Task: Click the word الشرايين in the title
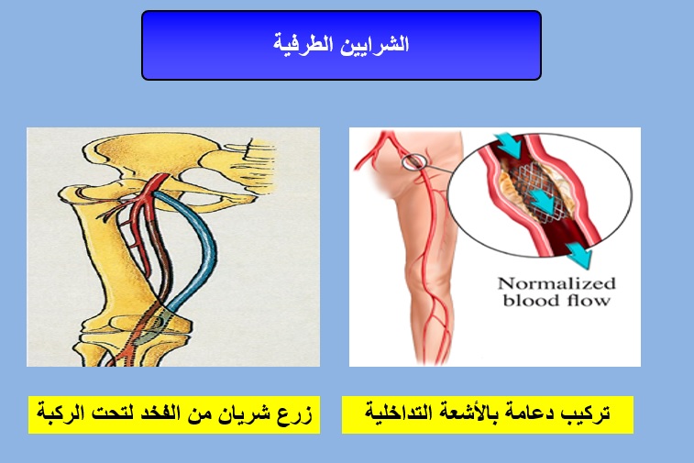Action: (x=375, y=44)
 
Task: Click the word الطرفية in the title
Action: (x=303, y=44)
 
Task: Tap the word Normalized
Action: (x=556, y=283)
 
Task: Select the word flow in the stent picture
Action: (x=589, y=301)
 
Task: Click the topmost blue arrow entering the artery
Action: (x=509, y=145)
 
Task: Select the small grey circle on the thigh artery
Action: (x=414, y=162)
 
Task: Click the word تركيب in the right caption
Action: (x=586, y=413)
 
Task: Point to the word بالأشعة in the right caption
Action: (x=467, y=413)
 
